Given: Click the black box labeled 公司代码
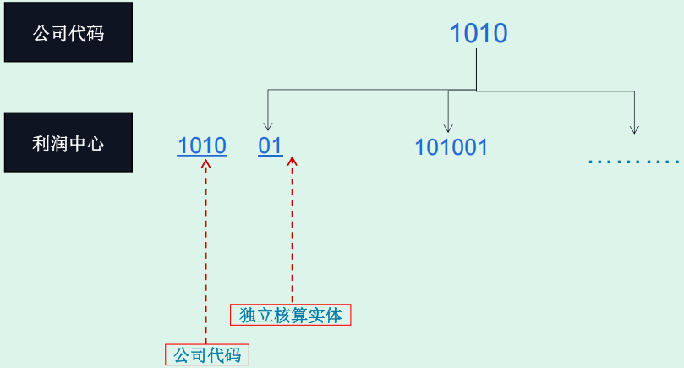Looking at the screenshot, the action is tap(68, 33).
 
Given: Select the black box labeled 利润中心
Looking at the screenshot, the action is tap(68, 142).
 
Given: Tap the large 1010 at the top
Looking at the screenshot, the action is tap(478, 34).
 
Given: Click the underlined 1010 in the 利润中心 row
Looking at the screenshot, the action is tap(202, 146).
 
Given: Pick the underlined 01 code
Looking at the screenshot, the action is tap(271, 146).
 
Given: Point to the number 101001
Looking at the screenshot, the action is tap(451, 147).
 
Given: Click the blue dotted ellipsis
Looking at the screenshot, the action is tap(634, 160).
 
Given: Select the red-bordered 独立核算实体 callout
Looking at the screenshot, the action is tap(291, 316).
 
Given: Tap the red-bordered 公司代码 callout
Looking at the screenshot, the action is tap(207, 354).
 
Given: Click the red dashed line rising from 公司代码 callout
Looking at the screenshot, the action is tap(206, 254).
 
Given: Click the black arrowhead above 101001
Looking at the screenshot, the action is tap(449, 128).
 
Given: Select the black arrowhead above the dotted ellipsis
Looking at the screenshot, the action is tap(634, 129).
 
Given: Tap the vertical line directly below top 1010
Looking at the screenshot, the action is tap(477, 69).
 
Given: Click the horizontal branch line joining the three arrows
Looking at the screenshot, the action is tap(372, 90).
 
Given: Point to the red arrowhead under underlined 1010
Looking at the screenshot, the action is tap(206, 162).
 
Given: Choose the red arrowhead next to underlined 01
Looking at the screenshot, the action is tap(293, 162).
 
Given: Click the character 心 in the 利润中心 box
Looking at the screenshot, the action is tap(96, 143).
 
